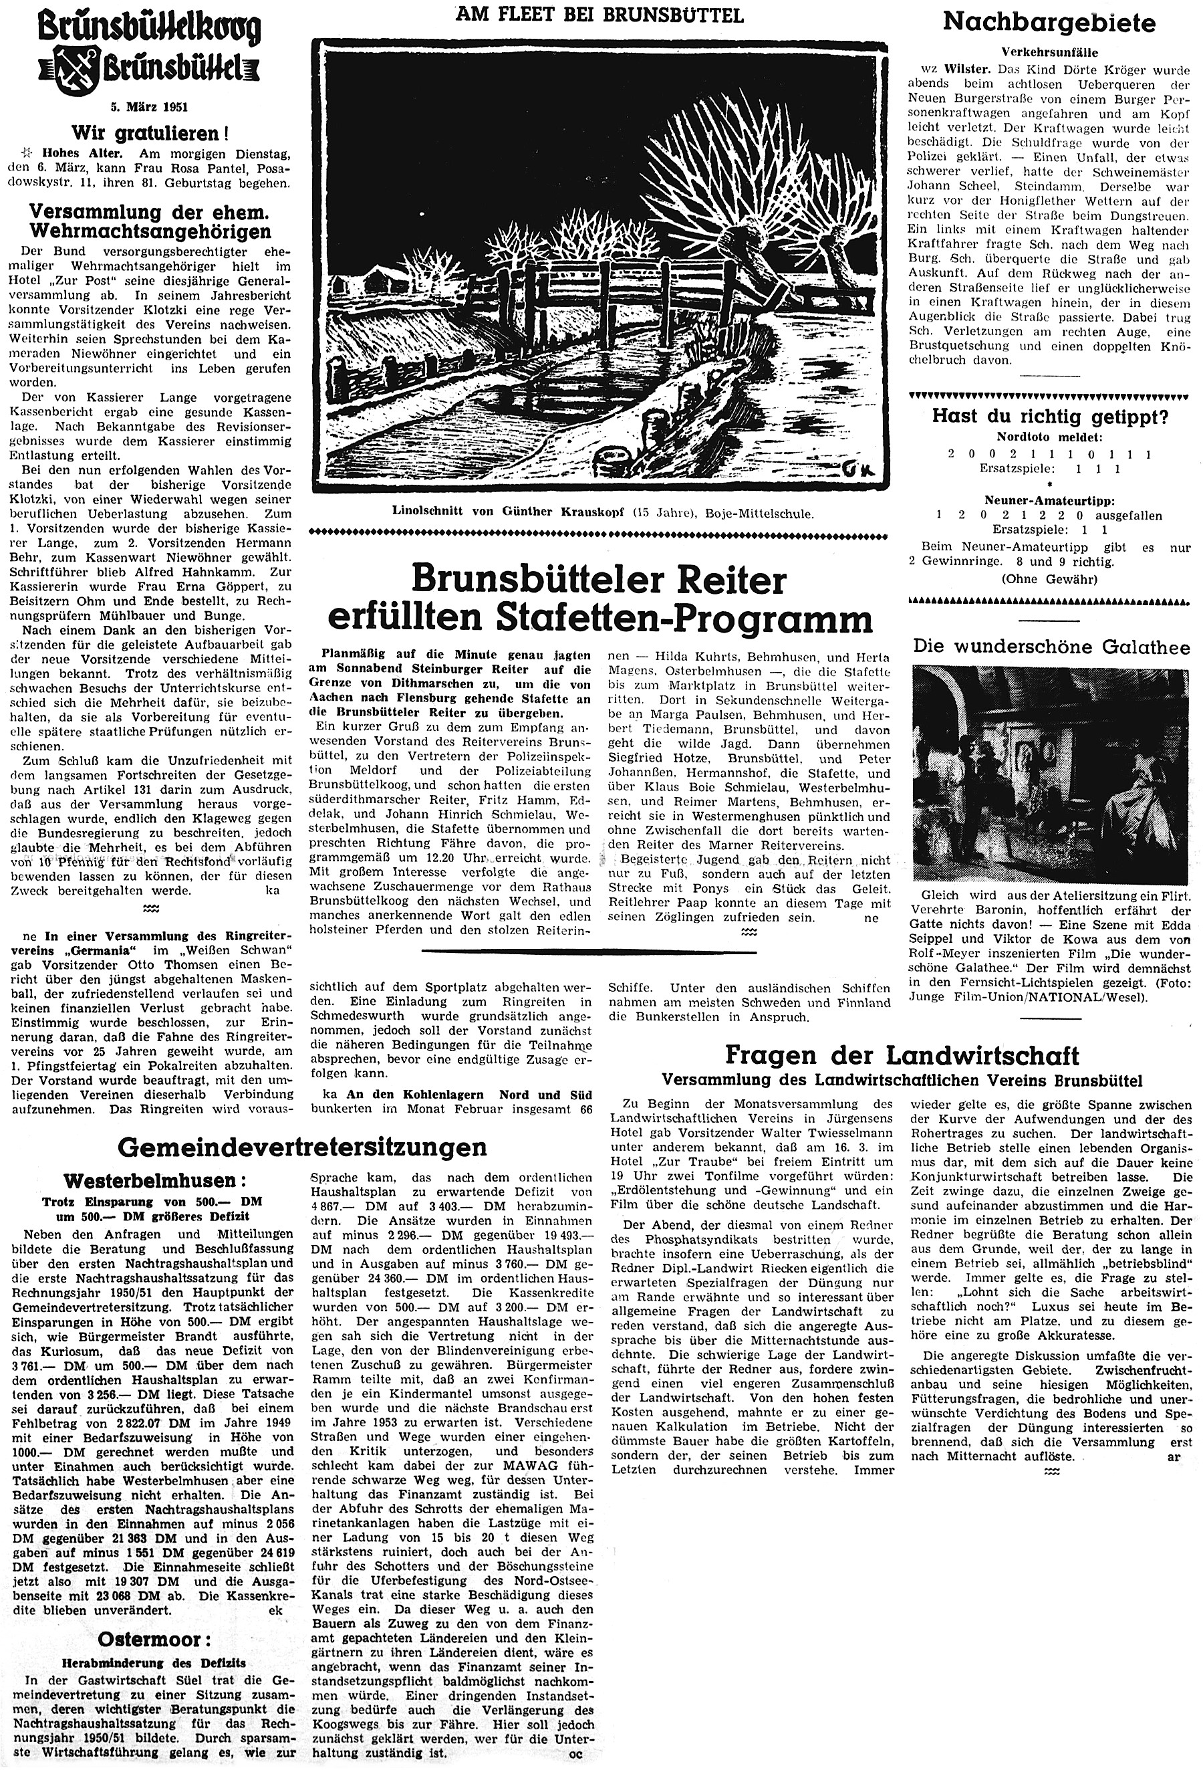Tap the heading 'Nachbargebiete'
(x=1049, y=23)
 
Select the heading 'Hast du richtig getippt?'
(x=1049, y=416)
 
